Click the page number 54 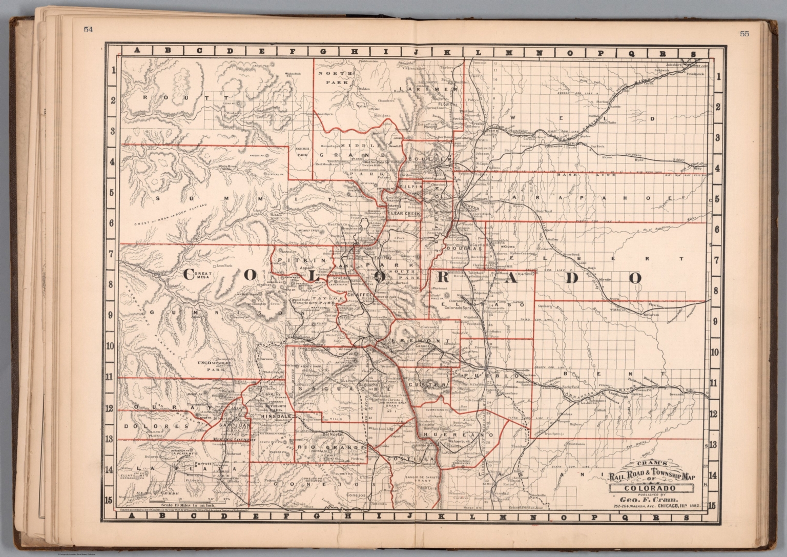point(88,29)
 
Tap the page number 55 point(744,34)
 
